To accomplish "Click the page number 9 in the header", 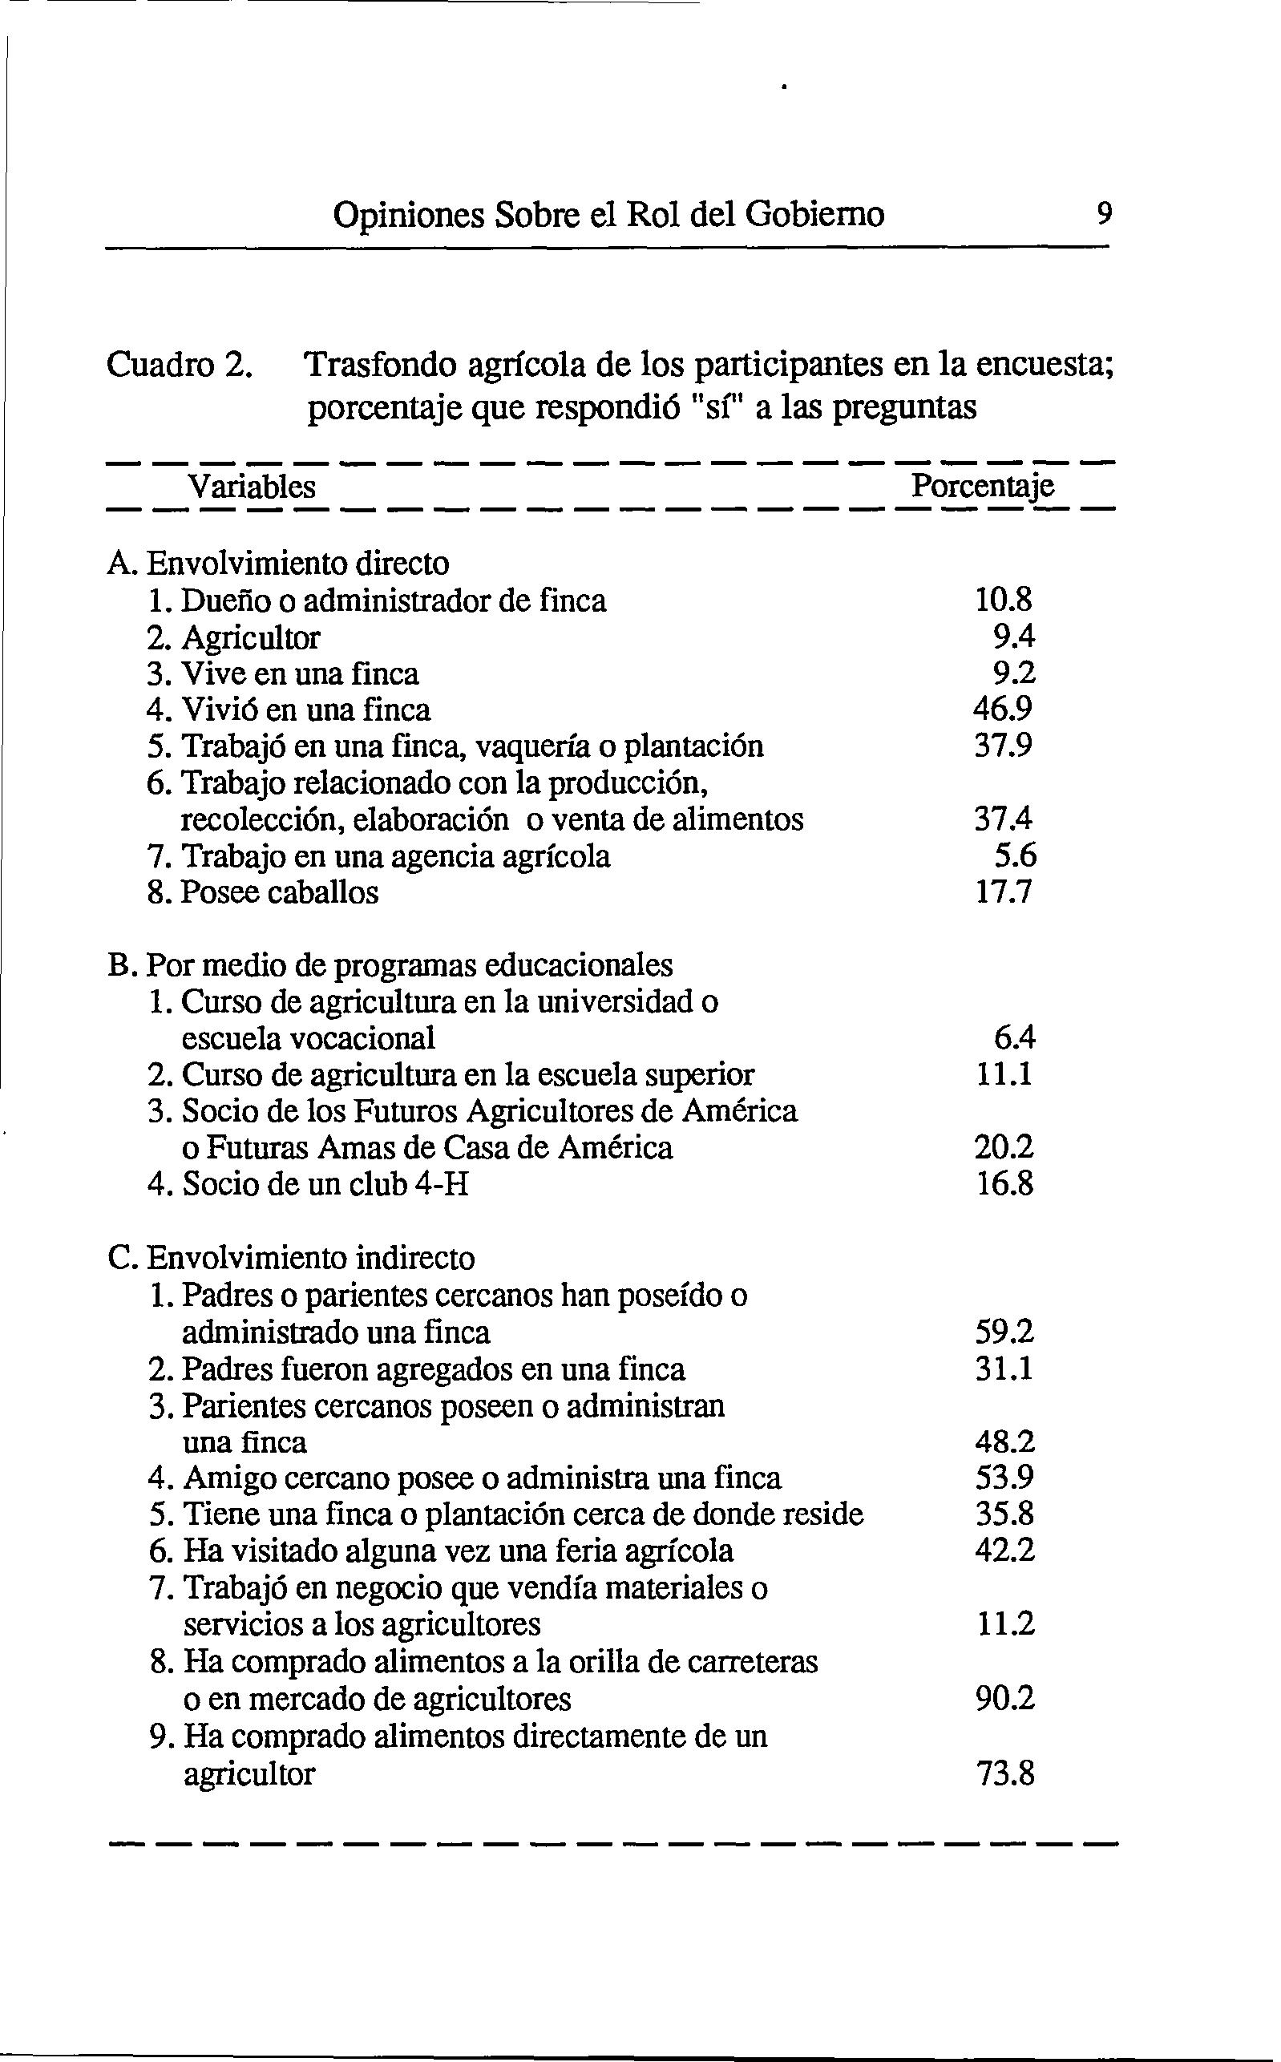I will tap(1103, 212).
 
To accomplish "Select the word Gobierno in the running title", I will tap(814, 213).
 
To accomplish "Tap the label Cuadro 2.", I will tap(179, 365).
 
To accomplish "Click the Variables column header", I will tap(252, 487).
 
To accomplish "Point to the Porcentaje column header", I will tap(982, 487).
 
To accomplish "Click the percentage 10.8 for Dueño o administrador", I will tap(1004, 600).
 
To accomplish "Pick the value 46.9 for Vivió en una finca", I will tap(1004, 709).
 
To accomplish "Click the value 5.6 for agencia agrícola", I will tap(1014, 856).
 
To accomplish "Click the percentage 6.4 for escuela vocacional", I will tap(1014, 1037).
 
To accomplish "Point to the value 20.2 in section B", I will tap(1004, 1148).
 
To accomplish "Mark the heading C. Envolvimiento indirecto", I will tap(292, 1257).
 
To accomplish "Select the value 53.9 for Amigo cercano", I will tap(1004, 1478).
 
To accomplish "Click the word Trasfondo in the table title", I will tap(378, 365).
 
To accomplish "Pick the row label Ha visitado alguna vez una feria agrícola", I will tap(459, 1551).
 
